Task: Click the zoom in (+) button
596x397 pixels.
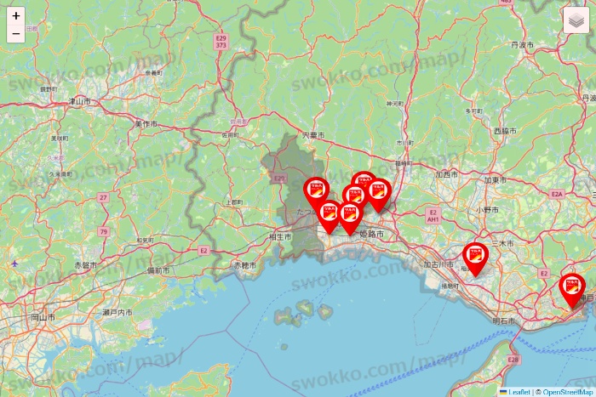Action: [x=15, y=15]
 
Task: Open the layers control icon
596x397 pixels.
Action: [x=576, y=21]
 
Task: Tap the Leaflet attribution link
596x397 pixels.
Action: [x=518, y=392]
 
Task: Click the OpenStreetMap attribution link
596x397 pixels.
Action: [x=568, y=392]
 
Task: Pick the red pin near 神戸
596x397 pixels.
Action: [x=572, y=290]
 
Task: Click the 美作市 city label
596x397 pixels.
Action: [x=146, y=124]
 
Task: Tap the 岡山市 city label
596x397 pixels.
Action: [x=43, y=316]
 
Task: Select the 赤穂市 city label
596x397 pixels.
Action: [x=244, y=265]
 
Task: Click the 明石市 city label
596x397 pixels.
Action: [x=506, y=320]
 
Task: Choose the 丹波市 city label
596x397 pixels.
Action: [x=522, y=43]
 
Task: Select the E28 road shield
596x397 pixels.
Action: [x=513, y=360]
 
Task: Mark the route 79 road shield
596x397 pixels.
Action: [x=103, y=231]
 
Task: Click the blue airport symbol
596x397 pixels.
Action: [x=14, y=264]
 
